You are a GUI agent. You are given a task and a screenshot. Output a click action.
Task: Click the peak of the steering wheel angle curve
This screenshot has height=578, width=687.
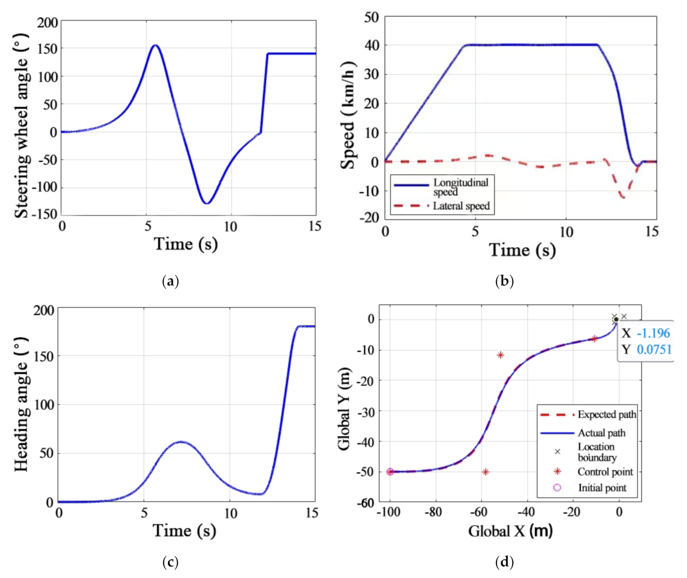155,45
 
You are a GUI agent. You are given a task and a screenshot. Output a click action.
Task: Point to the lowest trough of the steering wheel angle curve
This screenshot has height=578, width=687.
207,203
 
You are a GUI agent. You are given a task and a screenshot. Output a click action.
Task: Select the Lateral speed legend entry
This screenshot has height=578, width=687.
461,206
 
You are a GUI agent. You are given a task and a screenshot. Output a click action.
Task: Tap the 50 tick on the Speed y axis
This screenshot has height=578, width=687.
371,18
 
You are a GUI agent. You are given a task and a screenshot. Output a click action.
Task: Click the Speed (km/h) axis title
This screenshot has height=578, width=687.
348,115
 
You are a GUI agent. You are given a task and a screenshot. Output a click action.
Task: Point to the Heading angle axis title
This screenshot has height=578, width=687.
21,404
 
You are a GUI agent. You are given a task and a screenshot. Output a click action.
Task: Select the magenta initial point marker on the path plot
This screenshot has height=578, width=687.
390,472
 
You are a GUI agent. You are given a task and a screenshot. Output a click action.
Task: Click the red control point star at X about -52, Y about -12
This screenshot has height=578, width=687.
500,355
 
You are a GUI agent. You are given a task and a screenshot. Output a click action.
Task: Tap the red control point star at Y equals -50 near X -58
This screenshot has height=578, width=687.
486,472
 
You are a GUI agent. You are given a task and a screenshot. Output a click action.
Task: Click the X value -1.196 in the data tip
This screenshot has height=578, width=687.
653,333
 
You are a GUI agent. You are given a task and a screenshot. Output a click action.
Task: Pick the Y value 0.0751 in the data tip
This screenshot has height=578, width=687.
654,350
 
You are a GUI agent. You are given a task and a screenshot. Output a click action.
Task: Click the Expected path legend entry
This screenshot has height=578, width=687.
606,414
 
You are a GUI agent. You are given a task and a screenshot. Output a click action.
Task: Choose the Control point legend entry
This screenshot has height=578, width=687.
605,472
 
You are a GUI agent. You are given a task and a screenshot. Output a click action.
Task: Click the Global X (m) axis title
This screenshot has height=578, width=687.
510,531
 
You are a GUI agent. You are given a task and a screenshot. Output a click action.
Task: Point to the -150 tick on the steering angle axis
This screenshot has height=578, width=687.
47,214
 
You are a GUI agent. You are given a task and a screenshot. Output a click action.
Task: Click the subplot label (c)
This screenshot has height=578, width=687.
171,562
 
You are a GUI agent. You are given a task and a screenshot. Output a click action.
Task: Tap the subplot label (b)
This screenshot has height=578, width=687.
504,281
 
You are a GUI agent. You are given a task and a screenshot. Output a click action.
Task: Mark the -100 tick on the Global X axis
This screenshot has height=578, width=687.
388,512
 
